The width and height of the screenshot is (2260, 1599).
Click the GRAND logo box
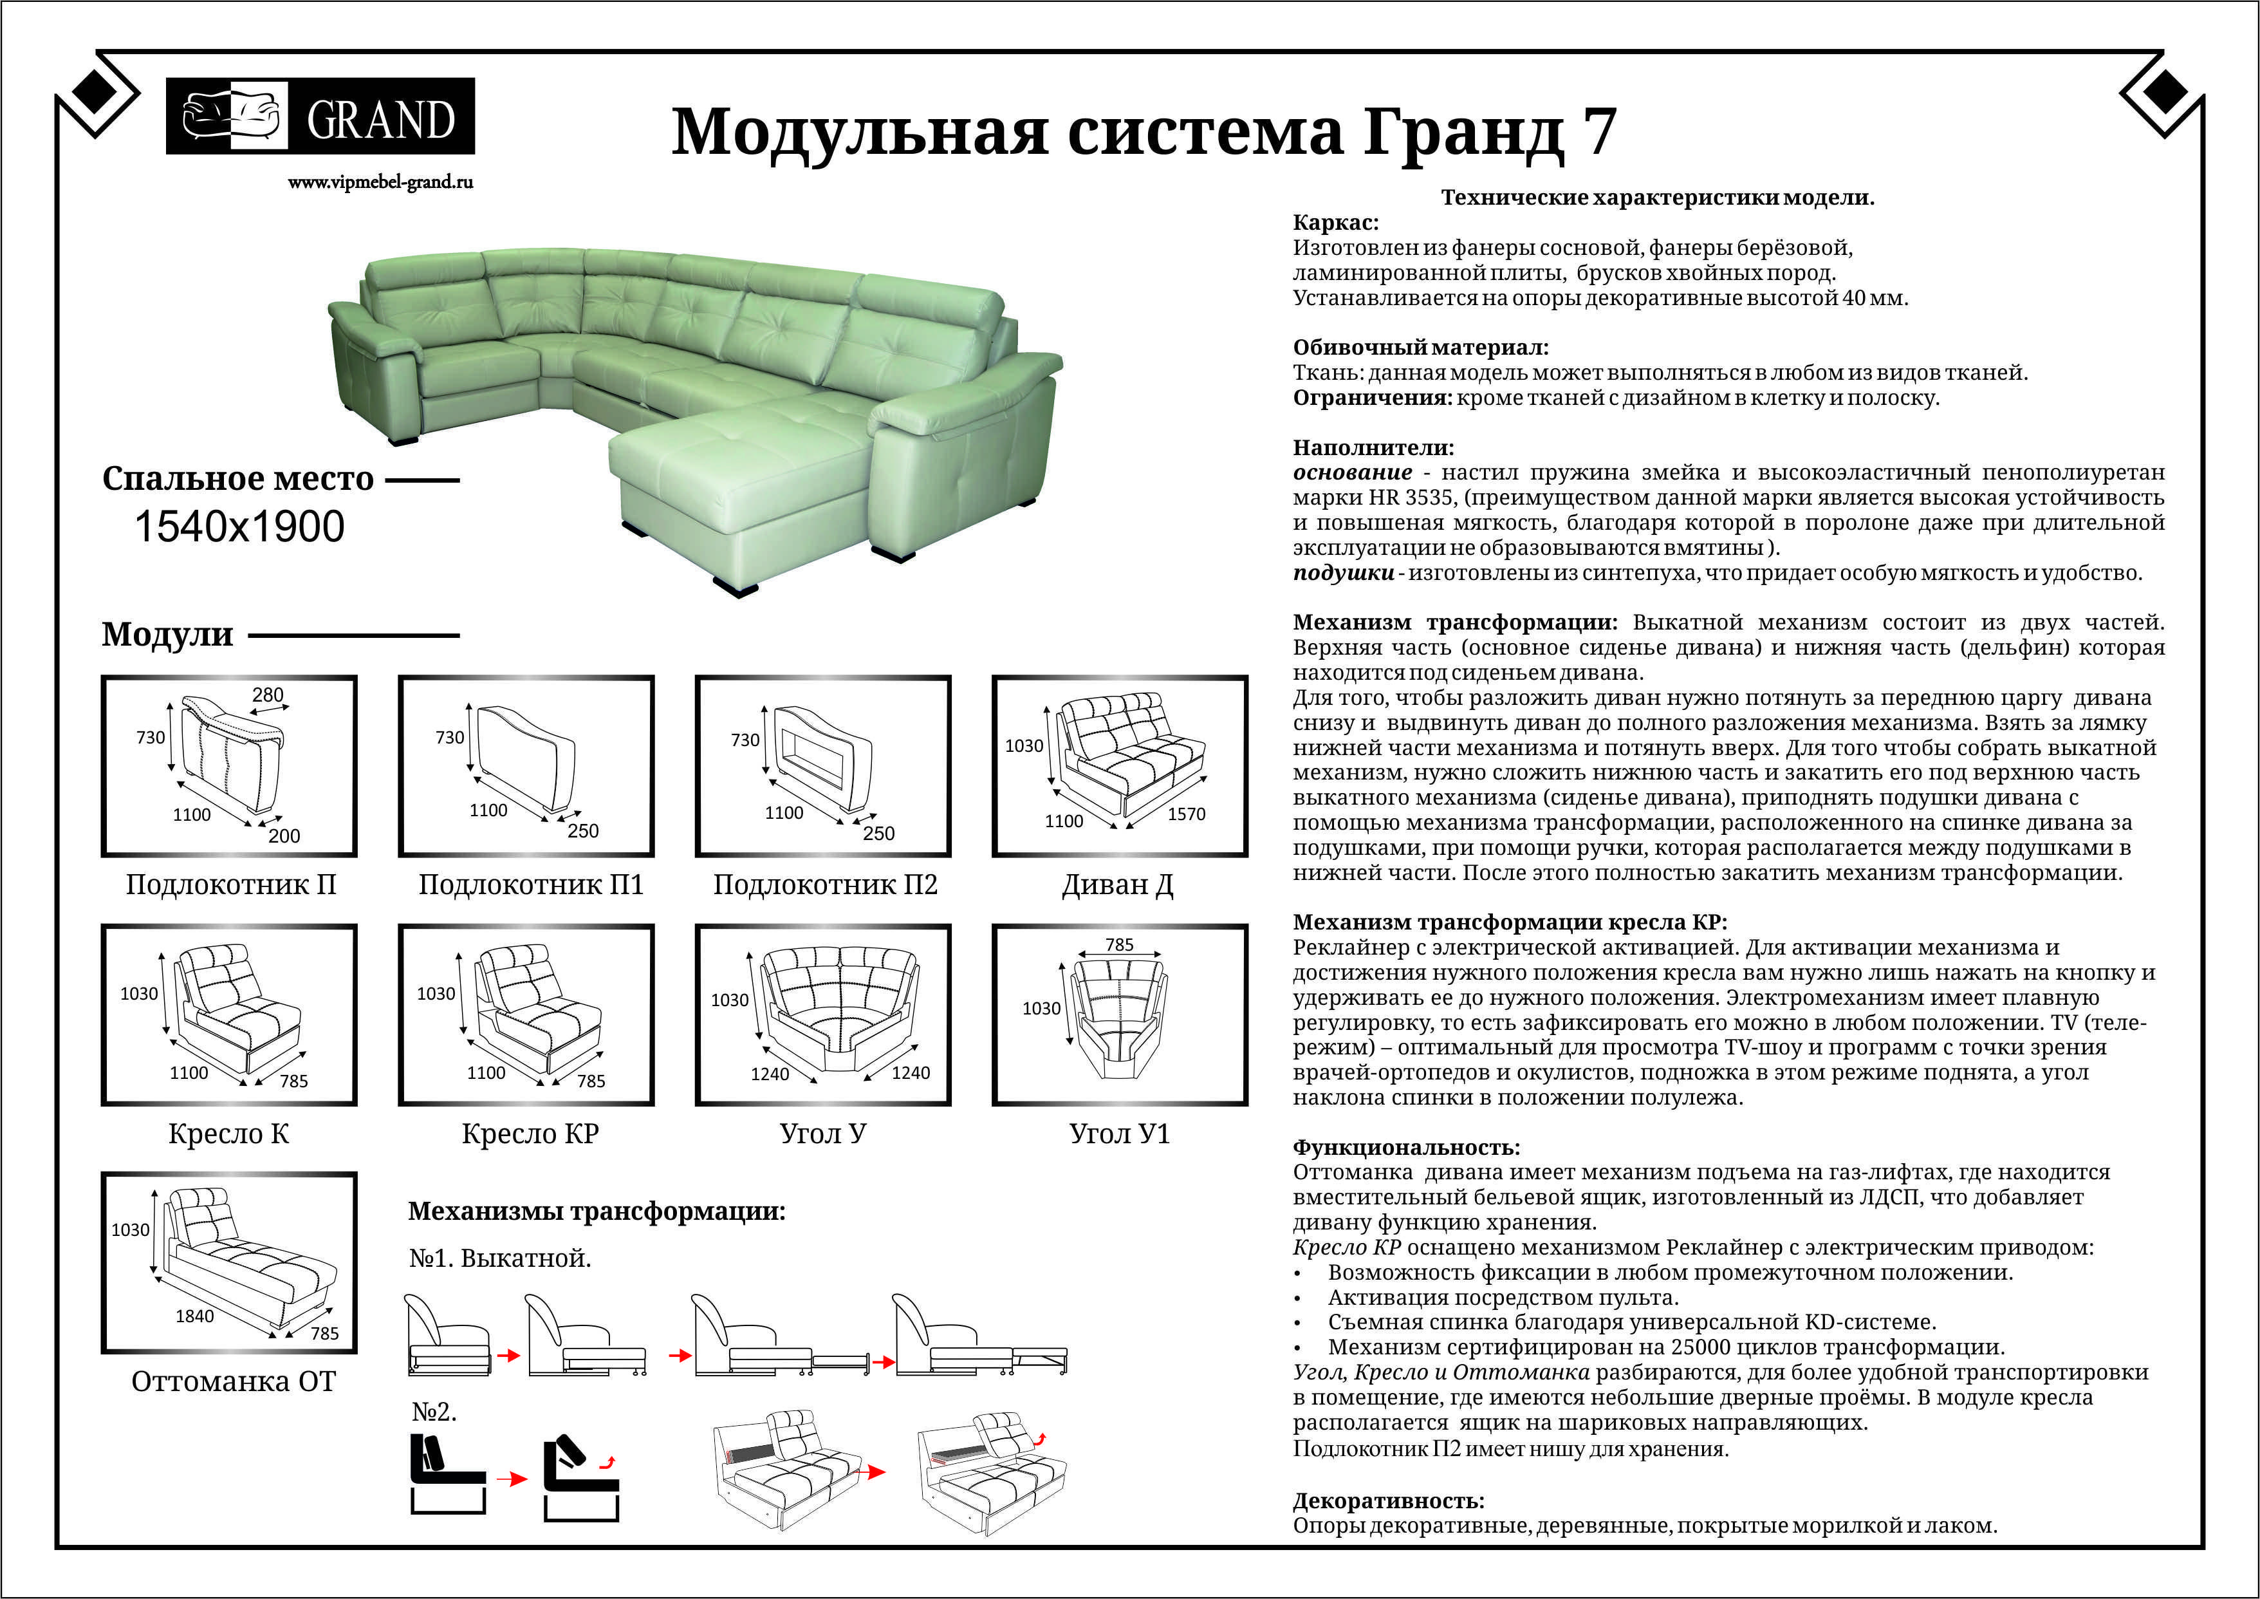(x=320, y=116)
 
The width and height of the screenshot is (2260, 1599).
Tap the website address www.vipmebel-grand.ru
(x=380, y=182)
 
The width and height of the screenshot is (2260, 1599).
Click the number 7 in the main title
(x=1600, y=131)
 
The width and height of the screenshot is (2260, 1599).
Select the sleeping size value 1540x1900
(x=239, y=527)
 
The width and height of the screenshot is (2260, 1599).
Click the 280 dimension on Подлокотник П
(x=267, y=695)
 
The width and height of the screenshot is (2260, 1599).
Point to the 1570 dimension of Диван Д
(x=1186, y=814)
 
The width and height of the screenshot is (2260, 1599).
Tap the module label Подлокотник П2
(x=825, y=884)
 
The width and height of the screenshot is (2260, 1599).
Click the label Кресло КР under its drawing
(x=530, y=1134)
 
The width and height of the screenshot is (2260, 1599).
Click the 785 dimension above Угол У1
(x=1119, y=945)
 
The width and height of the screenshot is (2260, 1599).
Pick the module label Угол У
(x=823, y=1134)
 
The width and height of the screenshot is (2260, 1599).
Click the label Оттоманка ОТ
(x=234, y=1381)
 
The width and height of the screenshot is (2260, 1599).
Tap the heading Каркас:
(x=1336, y=223)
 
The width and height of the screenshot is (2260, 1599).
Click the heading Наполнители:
(x=1372, y=448)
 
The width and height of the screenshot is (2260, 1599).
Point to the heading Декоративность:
(x=1388, y=1501)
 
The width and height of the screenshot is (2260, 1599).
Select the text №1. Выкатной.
(x=500, y=1258)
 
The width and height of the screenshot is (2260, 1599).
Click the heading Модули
(x=167, y=634)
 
